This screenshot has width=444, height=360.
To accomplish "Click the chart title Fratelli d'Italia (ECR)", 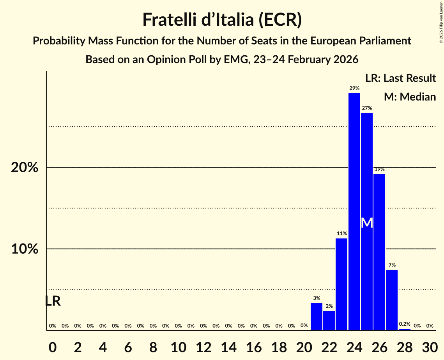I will click(222, 19).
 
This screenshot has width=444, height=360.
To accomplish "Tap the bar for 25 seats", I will click(367, 175).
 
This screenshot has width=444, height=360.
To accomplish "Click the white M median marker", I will click(367, 223).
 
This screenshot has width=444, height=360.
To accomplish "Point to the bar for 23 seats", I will click(341, 284).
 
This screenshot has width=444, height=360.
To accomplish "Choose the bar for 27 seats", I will click(392, 300).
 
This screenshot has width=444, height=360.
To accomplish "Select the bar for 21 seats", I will click(317, 316).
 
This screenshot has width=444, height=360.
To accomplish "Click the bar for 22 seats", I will click(329, 320).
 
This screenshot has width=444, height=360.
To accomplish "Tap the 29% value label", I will click(354, 88).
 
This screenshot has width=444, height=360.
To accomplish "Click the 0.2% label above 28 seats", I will click(404, 324).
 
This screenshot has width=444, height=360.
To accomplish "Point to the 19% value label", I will click(379, 169).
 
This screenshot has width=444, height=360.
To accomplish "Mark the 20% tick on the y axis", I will click(25, 168).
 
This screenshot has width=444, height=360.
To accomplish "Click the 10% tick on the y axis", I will click(25, 249).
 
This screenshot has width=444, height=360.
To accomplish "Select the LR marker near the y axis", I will click(53, 301).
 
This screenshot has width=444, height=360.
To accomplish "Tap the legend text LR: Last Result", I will click(400, 78).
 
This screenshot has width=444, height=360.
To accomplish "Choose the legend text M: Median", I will click(410, 97).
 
